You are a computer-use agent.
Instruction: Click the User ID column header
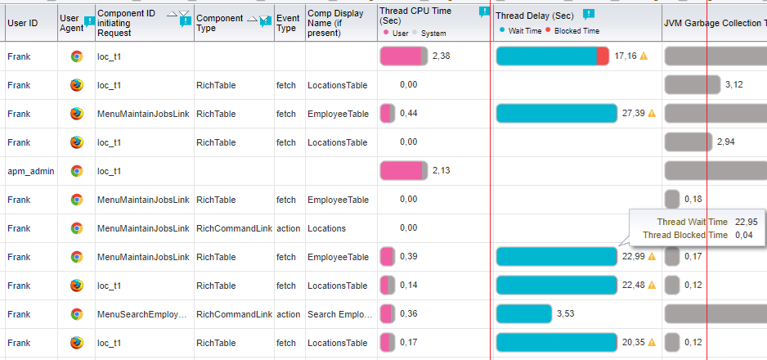coord(23,23)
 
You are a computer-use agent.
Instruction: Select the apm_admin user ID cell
coord(31,171)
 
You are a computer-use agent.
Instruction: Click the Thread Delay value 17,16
coord(626,56)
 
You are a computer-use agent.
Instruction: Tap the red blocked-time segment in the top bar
coord(603,56)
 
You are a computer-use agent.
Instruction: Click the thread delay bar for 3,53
coord(524,314)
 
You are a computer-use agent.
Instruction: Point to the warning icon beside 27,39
coord(651,114)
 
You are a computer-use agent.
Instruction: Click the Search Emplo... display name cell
coord(340,314)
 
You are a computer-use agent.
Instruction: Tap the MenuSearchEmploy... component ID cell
coord(142,314)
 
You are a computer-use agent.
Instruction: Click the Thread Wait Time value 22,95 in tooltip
coord(746,222)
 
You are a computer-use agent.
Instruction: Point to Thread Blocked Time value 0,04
coord(743,236)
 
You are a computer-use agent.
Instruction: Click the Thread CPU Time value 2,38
coord(442,56)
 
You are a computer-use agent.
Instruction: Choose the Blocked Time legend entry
coord(572,31)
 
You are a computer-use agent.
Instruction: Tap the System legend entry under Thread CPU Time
coord(429,34)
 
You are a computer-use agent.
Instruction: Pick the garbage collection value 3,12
coord(734,85)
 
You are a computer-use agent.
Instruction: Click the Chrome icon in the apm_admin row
coord(77,171)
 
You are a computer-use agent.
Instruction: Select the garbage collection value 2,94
coord(726,142)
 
